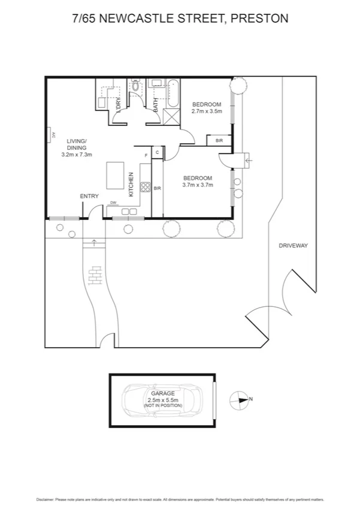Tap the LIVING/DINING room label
coord(77,147)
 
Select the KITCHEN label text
coord(131,185)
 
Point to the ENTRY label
coord(89,196)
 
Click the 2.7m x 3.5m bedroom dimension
coord(206,111)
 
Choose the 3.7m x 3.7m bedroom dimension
coord(198,185)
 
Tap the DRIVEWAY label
coord(293,246)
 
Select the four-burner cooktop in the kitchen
coord(146,186)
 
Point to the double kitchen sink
coord(129,211)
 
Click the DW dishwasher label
coord(113,203)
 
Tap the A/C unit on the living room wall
coord(52,137)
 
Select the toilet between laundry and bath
coord(135,88)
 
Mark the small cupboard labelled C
coord(157,152)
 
